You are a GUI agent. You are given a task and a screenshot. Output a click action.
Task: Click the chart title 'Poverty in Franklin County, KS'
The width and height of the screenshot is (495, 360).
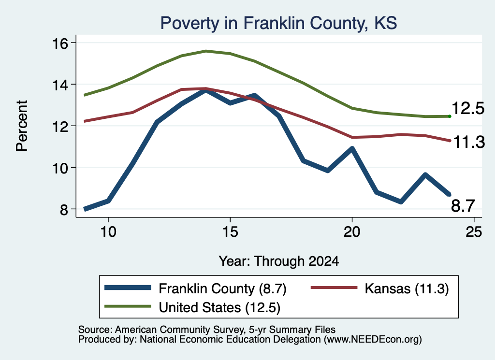(278, 23)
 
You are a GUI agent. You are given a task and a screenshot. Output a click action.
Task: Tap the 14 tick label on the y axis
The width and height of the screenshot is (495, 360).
(60, 85)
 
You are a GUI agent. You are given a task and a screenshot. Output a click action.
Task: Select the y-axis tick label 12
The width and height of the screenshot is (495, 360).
(60, 127)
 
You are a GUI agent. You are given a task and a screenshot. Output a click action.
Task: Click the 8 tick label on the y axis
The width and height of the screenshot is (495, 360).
(64, 210)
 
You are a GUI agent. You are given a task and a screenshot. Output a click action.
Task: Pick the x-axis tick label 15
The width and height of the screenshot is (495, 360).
(230, 232)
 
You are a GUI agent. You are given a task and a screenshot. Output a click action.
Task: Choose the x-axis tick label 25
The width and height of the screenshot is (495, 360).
(474, 232)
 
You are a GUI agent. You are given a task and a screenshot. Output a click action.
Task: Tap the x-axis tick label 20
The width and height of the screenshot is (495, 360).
(352, 232)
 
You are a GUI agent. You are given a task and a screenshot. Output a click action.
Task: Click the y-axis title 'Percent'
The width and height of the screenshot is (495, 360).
(22, 126)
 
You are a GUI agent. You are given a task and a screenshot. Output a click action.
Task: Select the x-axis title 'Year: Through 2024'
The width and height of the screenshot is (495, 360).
(279, 261)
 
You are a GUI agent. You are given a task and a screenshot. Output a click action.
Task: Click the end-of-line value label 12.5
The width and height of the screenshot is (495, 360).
(468, 109)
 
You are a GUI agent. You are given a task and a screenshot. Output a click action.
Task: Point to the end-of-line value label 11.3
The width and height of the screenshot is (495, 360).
(469, 142)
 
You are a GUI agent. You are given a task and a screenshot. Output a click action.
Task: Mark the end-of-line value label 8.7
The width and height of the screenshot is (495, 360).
(463, 206)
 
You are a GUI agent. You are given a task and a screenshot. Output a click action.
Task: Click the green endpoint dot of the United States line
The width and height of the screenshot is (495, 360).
(450, 116)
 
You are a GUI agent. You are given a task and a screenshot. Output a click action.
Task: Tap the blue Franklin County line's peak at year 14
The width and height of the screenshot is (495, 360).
(206, 90)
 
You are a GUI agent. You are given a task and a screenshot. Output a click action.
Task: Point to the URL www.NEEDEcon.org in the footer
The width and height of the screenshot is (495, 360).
(372, 340)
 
